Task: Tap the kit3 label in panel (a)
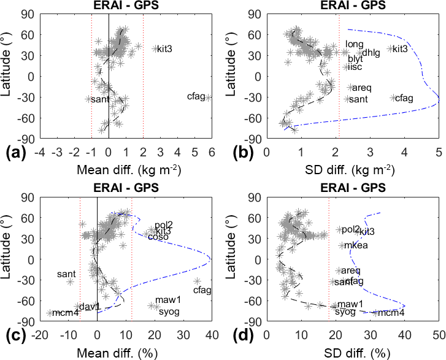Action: coord(164,49)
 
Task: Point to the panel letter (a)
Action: coord(14,151)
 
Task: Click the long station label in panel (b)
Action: coord(355,44)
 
